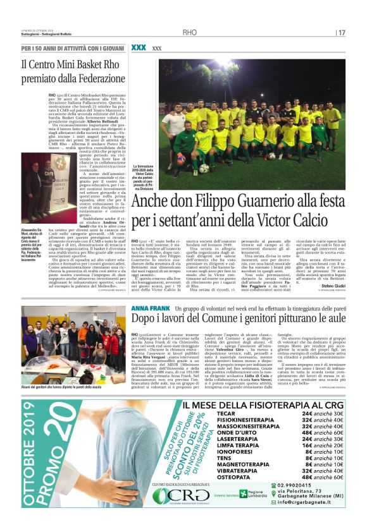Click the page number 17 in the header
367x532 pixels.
(x=342, y=32)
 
